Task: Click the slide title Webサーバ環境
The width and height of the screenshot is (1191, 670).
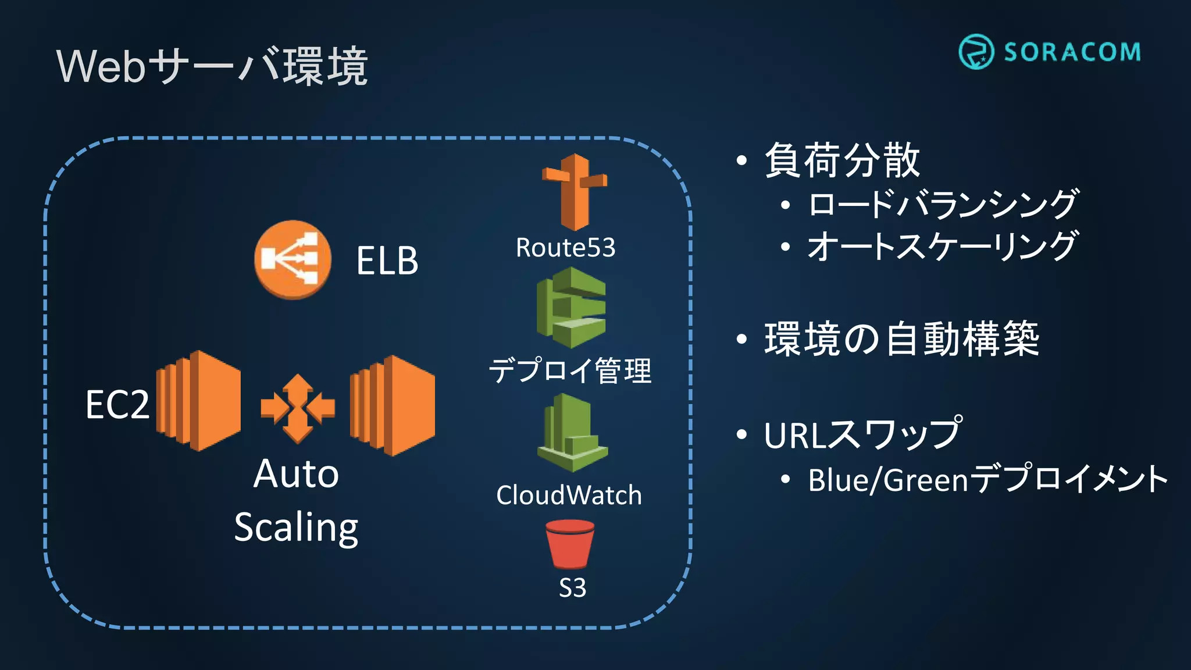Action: click(x=212, y=66)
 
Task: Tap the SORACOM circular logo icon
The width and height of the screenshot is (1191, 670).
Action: click(x=976, y=52)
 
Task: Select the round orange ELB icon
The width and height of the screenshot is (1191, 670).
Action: click(x=293, y=259)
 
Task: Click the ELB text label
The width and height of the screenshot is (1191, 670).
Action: click(x=387, y=261)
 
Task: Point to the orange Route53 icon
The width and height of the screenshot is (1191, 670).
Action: click(x=575, y=192)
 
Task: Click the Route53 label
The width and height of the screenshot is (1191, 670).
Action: click(x=565, y=248)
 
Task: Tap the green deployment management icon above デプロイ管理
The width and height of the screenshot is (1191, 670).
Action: click(x=571, y=308)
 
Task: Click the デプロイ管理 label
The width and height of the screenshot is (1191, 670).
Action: click(x=570, y=371)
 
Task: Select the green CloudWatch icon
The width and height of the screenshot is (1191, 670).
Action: click(x=572, y=433)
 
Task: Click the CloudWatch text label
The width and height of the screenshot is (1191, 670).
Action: click(x=569, y=496)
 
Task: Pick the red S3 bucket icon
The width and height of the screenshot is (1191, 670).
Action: click(x=570, y=544)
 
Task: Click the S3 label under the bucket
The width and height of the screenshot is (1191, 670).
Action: click(x=572, y=588)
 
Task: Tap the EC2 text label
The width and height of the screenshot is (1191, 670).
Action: click(x=117, y=405)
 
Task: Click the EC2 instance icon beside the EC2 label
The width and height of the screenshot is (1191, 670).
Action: click(x=198, y=401)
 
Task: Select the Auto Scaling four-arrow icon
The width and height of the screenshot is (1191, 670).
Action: click(x=298, y=408)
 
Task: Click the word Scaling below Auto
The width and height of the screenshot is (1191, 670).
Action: click(x=296, y=528)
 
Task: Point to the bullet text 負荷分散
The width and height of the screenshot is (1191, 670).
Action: click(x=842, y=160)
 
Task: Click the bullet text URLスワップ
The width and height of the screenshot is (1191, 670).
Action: click(x=862, y=434)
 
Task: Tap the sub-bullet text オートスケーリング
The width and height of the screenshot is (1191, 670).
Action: click(x=942, y=246)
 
